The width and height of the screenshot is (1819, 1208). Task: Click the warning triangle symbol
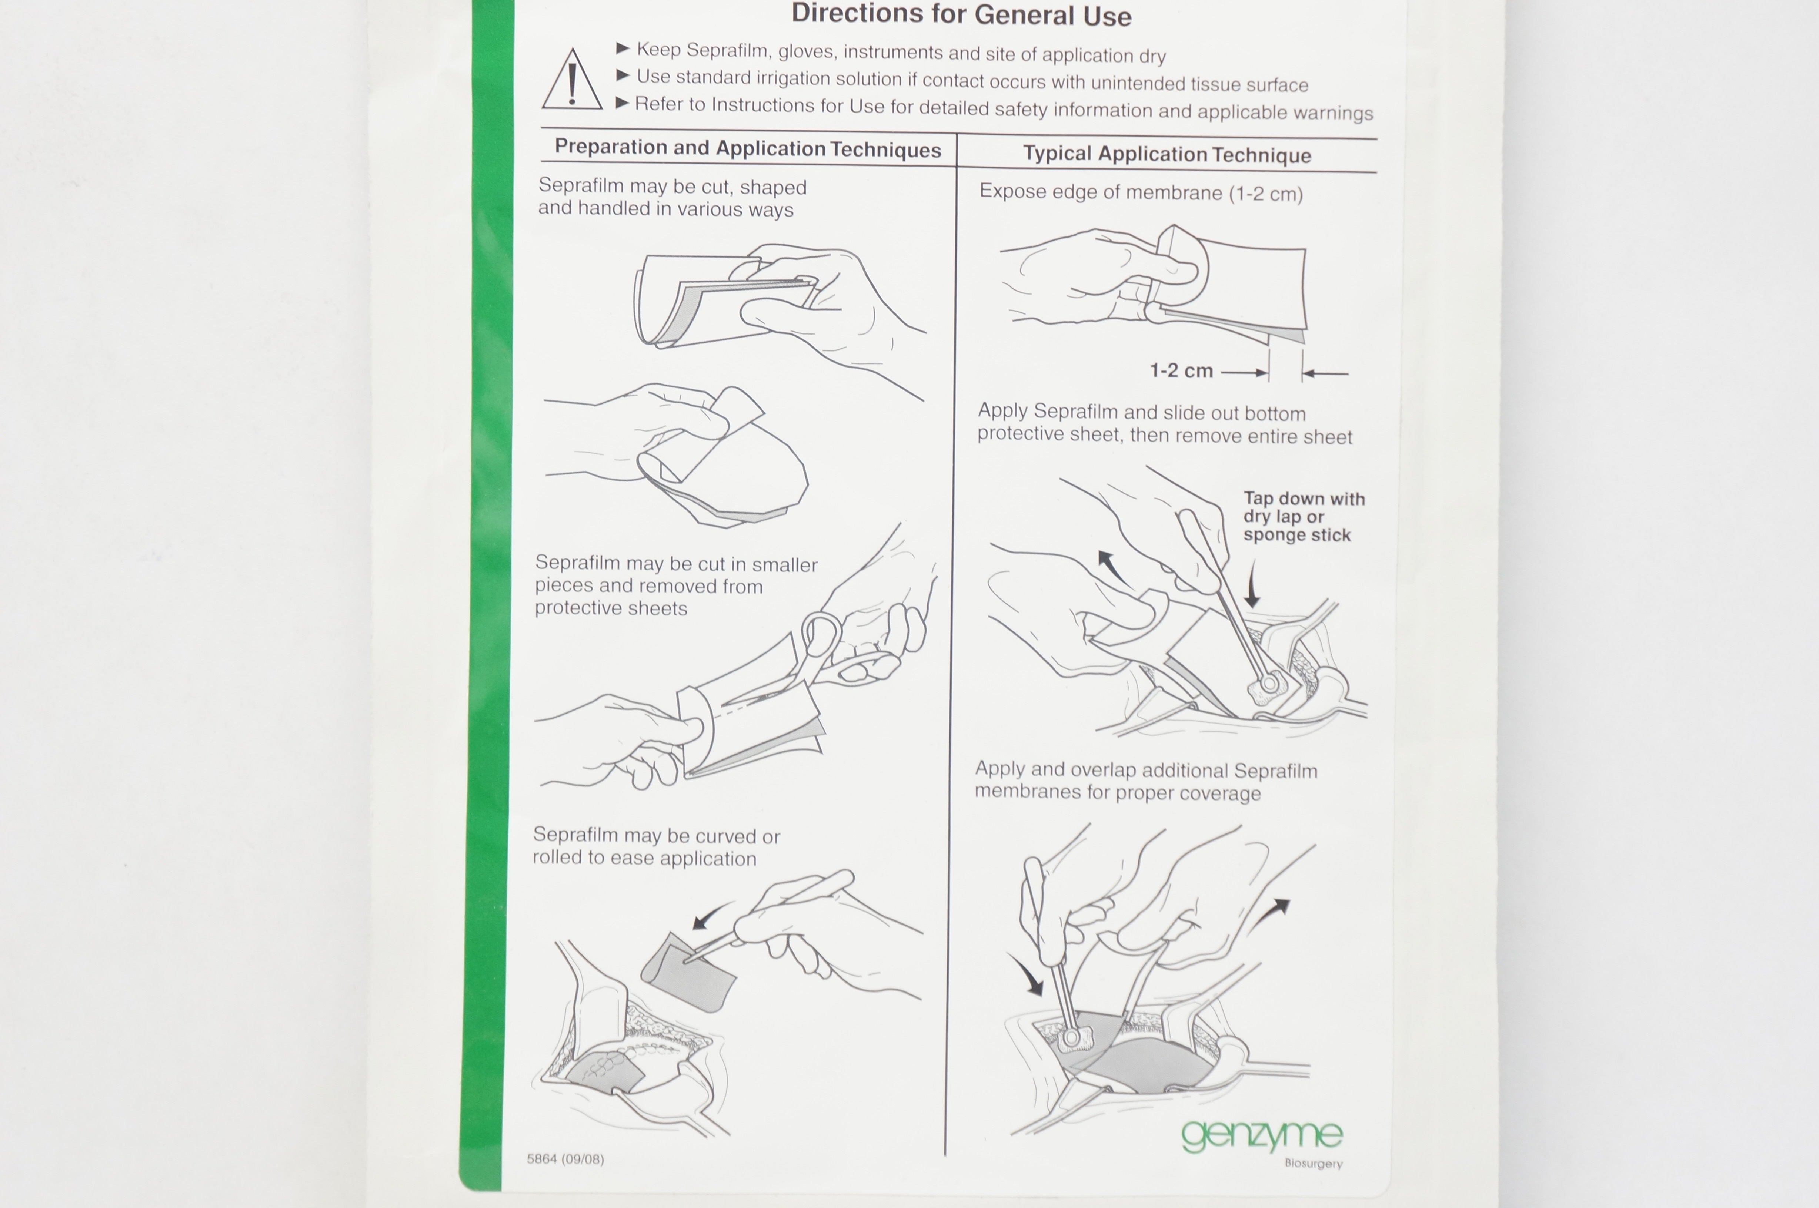tap(572, 80)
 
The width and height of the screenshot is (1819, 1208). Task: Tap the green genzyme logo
tap(1262, 1135)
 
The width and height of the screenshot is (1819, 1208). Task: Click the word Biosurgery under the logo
tap(1314, 1163)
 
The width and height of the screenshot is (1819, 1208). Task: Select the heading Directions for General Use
tap(961, 15)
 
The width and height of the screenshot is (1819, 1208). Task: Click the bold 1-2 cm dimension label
tap(1181, 370)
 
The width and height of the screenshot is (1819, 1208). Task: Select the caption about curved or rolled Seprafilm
tap(656, 847)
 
